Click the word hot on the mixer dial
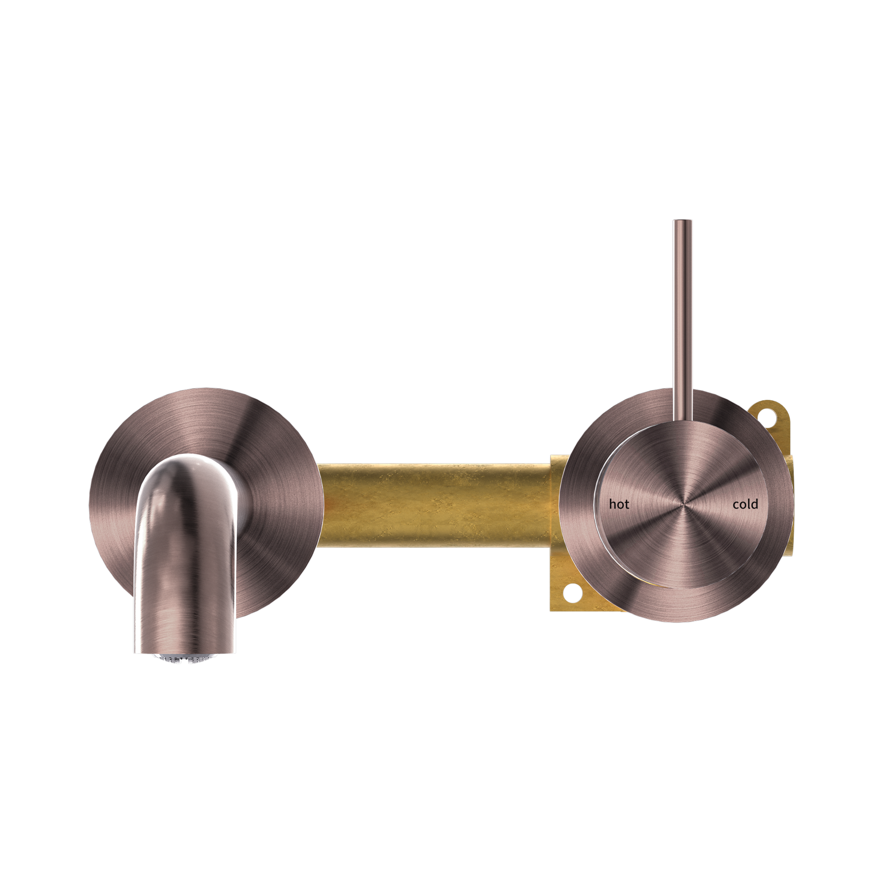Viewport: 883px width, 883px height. [x=619, y=504]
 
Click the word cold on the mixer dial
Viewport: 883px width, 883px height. [x=745, y=504]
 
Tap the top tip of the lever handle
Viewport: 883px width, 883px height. [x=683, y=222]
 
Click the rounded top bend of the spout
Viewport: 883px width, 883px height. [x=187, y=462]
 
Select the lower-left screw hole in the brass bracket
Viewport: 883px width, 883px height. [x=572, y=594]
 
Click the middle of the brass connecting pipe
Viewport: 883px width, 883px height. [x=434, y=506]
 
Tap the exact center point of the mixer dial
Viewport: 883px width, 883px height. [x=683, y=504]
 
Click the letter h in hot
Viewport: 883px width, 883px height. [x=613, y=504]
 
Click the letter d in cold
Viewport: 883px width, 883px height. [x=755, y=503]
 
